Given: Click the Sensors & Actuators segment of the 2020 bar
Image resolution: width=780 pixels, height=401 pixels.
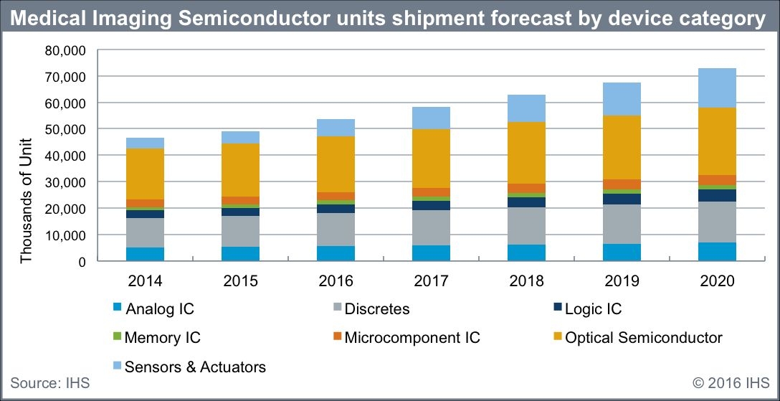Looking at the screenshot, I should pos(717,88).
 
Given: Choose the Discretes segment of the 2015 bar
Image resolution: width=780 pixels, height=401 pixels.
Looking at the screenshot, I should pos(240,231).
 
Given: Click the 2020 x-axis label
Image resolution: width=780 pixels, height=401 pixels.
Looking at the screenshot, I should pos(717,281).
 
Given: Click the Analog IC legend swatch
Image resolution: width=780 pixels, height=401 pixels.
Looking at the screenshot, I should pos(116,309).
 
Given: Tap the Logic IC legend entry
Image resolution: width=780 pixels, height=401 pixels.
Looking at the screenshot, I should pos(593,309).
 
